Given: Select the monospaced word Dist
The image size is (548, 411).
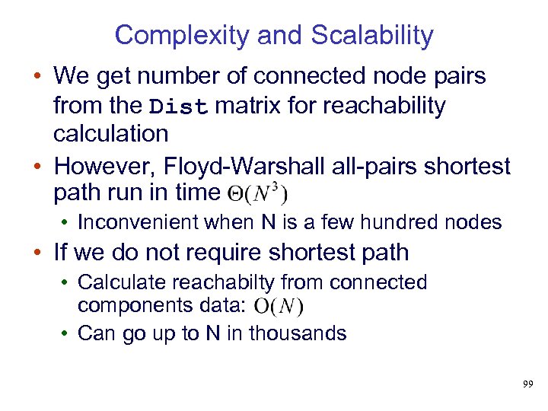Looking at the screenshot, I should [x=179, y=107].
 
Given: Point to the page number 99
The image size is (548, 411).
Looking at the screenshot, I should [x=528, y=385].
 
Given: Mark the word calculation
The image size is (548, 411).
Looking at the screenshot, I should [x=110, y=134].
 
